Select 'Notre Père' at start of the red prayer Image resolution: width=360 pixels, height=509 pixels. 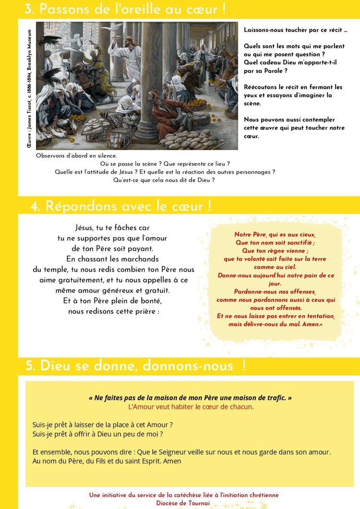pyautogui.click(x=250, y=235)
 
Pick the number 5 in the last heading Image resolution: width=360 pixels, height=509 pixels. pyautogui.click(x=31, y=366)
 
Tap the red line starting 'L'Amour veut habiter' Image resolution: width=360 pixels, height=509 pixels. pyautogui.click(x=191, y=407)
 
